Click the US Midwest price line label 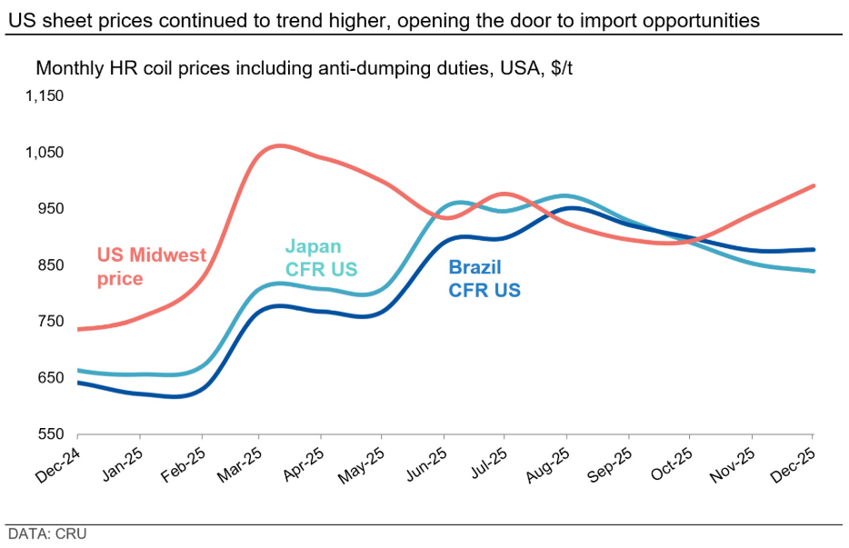point(152,266)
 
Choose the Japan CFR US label point(321,257)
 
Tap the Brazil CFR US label point(484,278)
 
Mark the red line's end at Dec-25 point(813,185)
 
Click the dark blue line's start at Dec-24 point(79,383)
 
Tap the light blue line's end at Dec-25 point(813,271)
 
